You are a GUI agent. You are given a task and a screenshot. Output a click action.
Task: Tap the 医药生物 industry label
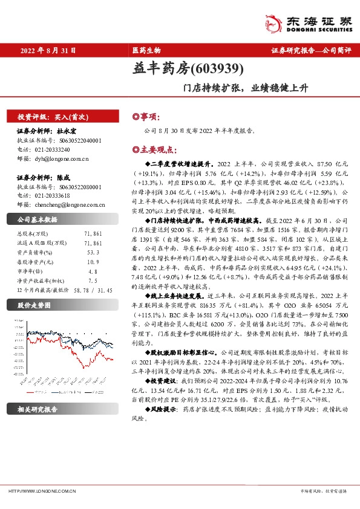pos(146,51)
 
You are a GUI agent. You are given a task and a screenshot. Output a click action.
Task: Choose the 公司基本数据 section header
pos(38,219)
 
